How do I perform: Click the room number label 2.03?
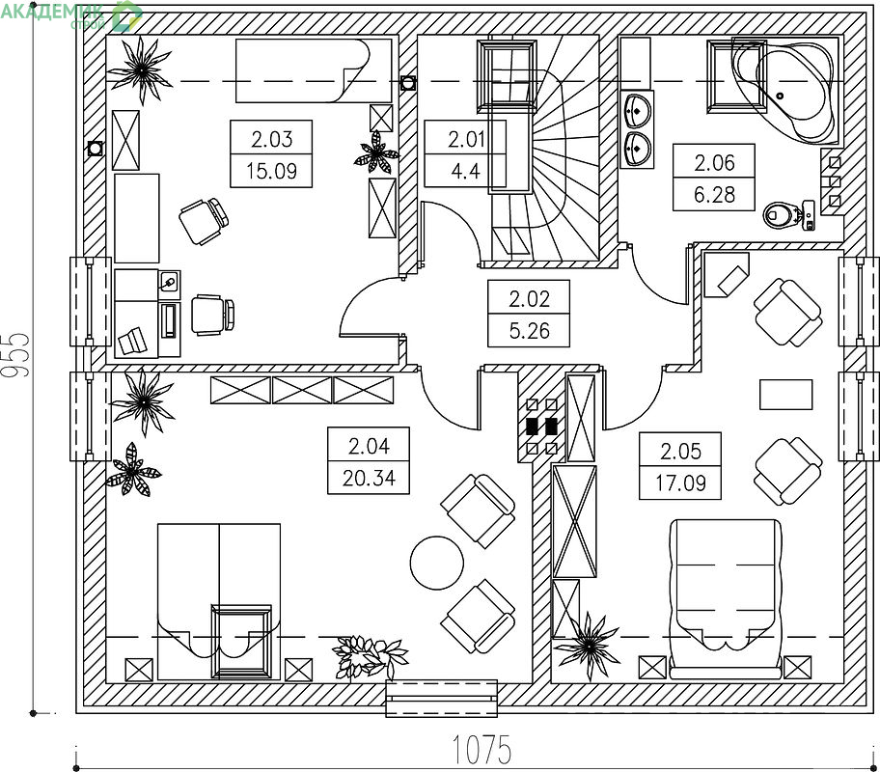click(272, 139)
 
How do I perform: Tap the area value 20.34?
click(369, 478)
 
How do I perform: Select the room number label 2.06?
click(714, 163)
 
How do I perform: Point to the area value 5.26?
click(529, 331)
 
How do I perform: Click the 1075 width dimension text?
click(481, 750)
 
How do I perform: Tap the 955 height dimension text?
click(15, 355)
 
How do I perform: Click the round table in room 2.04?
click(437, 563)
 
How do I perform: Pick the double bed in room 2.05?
click(725, 598)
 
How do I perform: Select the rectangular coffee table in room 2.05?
click(785, 395)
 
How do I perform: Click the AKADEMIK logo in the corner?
click(71, 15)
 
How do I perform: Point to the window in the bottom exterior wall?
click(442, 699)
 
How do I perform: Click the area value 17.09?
click(680, 482)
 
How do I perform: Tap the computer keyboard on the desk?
click(170, 321)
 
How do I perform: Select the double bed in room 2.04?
click(219, 601)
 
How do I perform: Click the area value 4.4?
click(465, 171)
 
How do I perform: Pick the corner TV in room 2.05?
click(727, 275)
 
